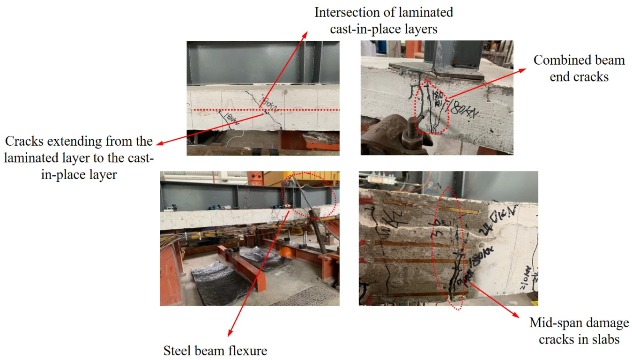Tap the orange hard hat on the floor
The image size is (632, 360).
click(285, 252)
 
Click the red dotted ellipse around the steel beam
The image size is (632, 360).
click(310, 195)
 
